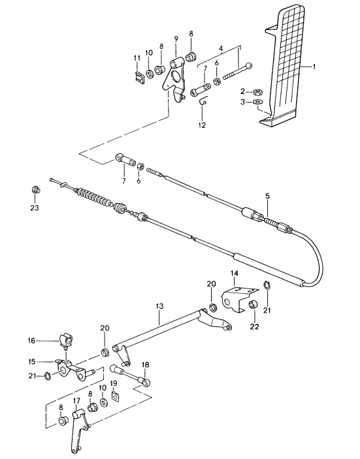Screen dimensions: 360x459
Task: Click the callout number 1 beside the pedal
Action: coord(314,67)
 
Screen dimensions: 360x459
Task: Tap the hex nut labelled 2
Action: coord(258,92)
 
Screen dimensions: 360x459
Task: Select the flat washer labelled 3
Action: coord(258,102)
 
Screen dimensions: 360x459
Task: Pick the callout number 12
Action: coord(202,125)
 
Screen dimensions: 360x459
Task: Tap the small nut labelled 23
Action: coord(36,190)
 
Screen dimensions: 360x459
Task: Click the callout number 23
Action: coord(35,208)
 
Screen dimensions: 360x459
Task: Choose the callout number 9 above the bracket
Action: coord(176,39)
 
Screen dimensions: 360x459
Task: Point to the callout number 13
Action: coord(159,306)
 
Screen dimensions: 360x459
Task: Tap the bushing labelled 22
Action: coord(253,305)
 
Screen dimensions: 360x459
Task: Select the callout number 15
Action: coord(31,362)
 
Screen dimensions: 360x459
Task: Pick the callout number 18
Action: coord(145,365)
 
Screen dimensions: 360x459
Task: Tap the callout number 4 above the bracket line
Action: coord(221,48)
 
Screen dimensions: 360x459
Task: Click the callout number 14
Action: coord(235,274)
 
